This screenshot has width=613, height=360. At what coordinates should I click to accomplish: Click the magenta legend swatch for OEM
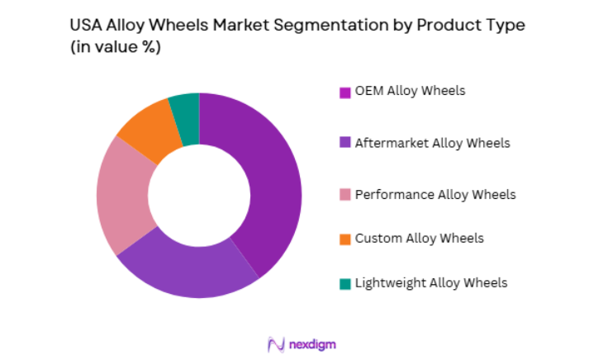pyautogui.click(x=345, y=92)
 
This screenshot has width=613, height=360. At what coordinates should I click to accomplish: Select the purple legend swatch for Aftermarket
pyautogui.click(x=345, y=144)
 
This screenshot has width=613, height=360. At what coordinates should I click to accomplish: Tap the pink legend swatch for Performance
pyautogui.click(x=345, y=196)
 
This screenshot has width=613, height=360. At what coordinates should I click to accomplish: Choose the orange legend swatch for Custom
pyautogui.click(x=345, y=239)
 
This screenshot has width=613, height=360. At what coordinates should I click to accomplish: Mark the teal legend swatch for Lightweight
pyautogui.click(x=345, y=284)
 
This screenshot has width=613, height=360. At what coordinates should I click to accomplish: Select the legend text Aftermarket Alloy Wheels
pyautogui.click(x=432, y=143)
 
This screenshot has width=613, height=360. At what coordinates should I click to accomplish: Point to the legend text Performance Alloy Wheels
pyautogui.click(x=435, y=195)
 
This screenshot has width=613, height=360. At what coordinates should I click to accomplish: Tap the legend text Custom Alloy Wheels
pyautogui.click(x=419, y=239)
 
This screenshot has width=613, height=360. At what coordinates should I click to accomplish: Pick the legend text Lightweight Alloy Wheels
pyautogui.click(x=430, y=283)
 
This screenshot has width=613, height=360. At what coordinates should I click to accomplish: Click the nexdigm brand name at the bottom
pyautogui.click(x=313, y=343)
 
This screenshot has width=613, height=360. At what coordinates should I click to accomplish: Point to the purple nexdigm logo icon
pyautogui.click(x=276, y=343)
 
